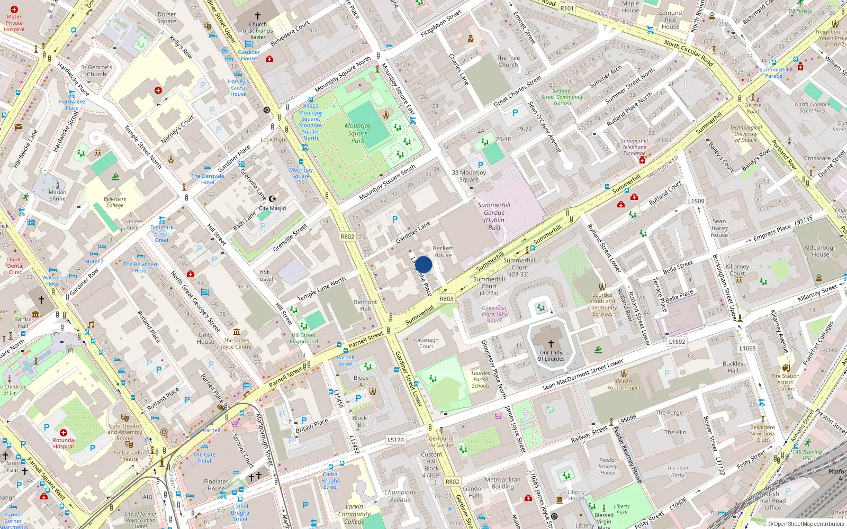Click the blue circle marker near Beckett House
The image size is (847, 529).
coord(424,264)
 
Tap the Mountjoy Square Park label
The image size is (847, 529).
coord(358,133)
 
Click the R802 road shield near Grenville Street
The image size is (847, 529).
coord(347,236)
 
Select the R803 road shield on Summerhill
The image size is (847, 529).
coord(446,299)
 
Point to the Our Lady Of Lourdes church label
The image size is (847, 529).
coord(551,355)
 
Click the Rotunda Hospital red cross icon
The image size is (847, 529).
coord(64,433)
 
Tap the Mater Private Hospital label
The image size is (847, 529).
coord(14,23)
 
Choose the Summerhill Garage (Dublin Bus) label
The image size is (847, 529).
coord(494,216)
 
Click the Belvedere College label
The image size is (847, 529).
coord(115,202)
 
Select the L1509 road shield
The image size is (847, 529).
coord(696,201)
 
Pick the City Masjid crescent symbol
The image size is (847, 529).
coord(273,199)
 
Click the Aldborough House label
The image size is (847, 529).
coord(821,251)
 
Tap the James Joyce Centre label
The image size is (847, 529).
coord(236,344)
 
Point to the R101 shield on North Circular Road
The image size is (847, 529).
coord(567,8)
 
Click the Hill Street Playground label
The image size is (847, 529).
coord(304,338)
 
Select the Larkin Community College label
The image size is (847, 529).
coord(354,514)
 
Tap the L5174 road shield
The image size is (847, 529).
coord(395,440)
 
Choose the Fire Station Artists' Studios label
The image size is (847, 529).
coord(786,382)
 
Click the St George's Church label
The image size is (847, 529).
coord(96,71)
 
